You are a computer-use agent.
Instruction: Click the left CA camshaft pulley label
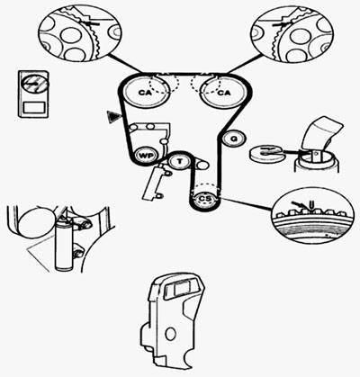point(146,93)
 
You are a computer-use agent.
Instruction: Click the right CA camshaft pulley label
point(223,93)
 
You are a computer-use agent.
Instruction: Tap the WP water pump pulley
point(146,156)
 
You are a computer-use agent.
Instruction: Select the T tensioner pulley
point(180,161)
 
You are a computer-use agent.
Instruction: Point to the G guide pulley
point(234,139)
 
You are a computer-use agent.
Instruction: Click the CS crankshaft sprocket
point(205,199)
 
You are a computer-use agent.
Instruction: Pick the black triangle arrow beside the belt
point(113,116)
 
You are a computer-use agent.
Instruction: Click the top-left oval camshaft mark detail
point(80,34)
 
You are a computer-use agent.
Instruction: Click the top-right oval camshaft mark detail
point(292,35)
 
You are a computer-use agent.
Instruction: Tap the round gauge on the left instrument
point(34,84)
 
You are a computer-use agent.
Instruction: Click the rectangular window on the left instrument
point(34,107)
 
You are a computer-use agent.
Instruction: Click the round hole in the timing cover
point(170,334)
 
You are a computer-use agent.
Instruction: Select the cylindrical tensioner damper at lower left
point(64,244)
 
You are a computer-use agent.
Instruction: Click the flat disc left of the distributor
point(265,153)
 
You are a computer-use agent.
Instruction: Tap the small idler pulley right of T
point(202,165)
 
